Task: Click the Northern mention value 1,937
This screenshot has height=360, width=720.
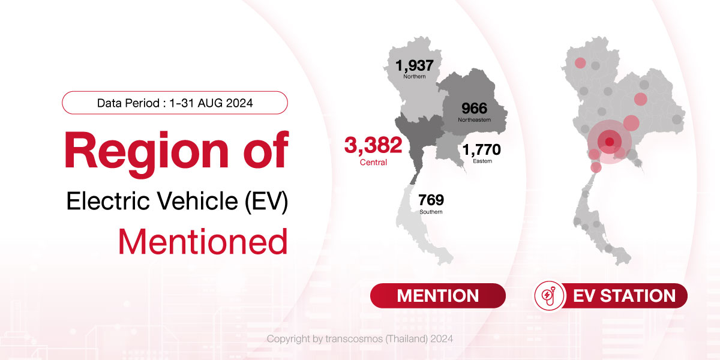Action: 415,65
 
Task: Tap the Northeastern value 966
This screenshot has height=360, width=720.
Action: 475,109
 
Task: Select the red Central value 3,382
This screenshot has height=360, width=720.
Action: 373,145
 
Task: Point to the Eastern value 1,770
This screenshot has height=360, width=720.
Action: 481,149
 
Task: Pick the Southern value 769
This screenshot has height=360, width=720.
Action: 431,200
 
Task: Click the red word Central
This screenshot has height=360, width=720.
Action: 373,163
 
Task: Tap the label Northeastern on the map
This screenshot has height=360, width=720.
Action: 475,120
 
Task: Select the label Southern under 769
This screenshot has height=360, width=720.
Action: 431,212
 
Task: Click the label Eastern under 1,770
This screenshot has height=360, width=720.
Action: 482,161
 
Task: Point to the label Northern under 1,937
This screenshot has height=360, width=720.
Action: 415,77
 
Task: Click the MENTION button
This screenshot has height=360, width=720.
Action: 438,296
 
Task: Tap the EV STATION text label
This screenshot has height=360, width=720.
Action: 624,296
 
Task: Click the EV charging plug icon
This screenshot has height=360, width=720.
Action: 548,295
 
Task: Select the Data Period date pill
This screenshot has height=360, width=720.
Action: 175,103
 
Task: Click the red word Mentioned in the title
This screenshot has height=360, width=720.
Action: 203,242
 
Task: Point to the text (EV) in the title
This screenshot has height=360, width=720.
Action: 266,201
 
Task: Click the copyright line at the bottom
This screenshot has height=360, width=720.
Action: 360,339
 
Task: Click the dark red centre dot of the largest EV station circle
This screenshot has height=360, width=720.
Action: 610,142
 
